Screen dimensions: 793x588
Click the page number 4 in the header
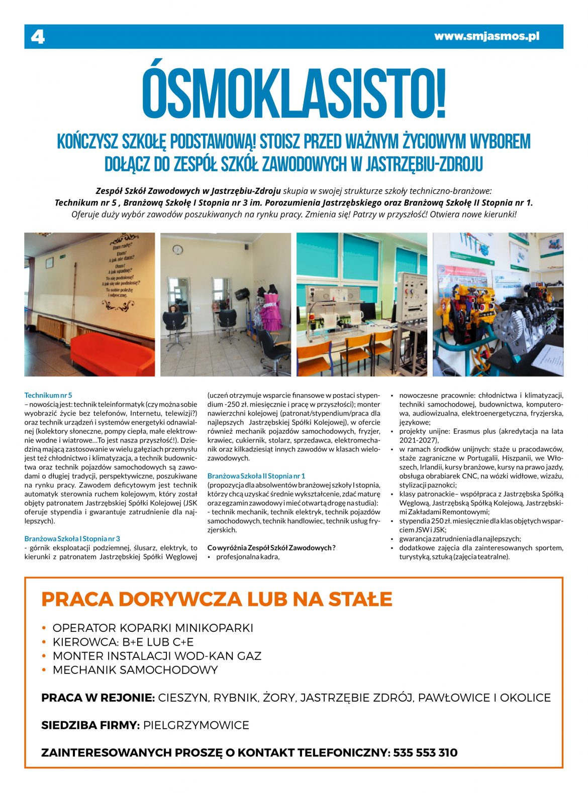point(38,37)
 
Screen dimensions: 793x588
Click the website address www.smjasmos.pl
point(486,36)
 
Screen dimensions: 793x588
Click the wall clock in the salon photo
point(178,250)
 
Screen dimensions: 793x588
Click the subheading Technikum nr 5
point(48,395)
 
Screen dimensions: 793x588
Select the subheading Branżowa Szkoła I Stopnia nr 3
point(72,538)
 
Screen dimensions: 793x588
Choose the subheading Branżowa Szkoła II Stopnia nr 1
point(256,476)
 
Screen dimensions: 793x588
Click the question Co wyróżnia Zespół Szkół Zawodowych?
point(271,547)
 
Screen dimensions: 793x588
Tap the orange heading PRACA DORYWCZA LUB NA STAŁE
point(217,599)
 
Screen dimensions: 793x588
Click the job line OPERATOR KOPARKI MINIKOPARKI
point(153,628)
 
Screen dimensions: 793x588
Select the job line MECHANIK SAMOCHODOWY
point(135,669)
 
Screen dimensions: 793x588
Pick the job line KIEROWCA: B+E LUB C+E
point(123,642)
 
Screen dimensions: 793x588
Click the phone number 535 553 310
point(425,752)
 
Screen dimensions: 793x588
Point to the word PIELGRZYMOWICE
point(196,725)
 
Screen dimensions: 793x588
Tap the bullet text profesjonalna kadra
point(248,556)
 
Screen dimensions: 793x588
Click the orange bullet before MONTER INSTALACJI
point(44,656)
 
